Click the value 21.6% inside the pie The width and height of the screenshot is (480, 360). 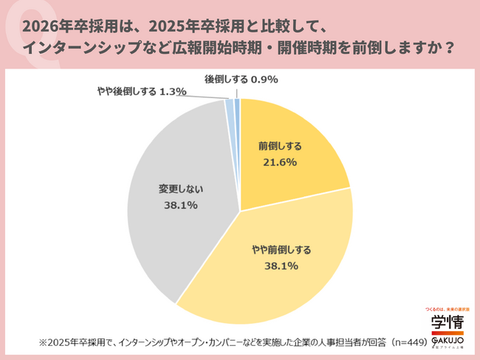280,160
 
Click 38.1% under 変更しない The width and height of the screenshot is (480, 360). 180,206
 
